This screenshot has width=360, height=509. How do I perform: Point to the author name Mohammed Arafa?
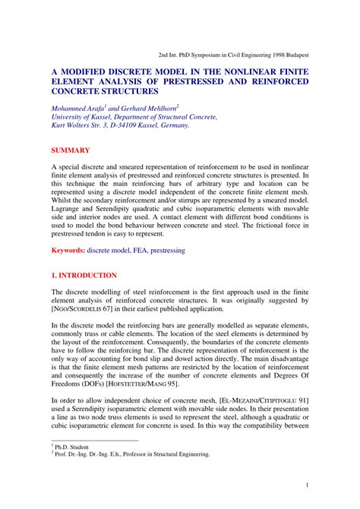pos(81,108)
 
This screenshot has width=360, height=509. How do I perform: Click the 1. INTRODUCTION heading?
pos(84,275)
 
